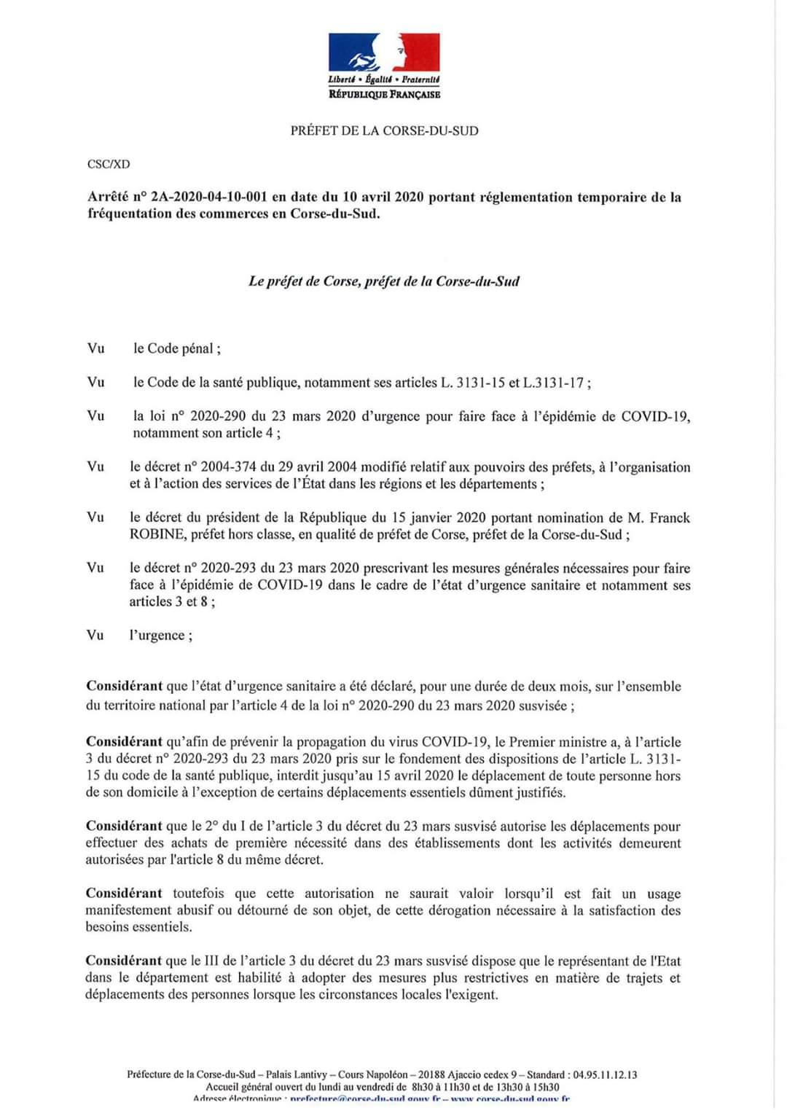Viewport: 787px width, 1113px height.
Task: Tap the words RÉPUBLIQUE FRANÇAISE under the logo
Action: coord(385,94)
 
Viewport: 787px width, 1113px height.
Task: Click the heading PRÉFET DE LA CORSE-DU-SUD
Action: coord(384,131)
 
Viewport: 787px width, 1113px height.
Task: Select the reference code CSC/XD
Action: coord(109,164)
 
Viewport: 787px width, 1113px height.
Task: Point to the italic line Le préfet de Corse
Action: coord(383,281)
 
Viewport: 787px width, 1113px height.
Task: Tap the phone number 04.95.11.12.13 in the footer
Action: coord(605,1074)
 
